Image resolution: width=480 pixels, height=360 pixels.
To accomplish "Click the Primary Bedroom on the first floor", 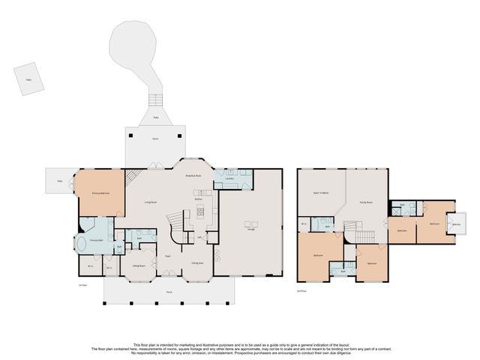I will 101,193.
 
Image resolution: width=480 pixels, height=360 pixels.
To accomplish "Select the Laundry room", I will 231,178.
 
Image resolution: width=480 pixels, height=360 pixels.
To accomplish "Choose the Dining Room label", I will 138,266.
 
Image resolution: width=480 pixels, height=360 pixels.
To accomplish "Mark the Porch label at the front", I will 169,293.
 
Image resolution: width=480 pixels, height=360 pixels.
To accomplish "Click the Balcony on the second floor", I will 456,224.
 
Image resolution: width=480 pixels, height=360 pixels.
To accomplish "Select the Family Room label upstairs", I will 366,202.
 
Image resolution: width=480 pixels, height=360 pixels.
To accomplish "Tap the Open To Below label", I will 322,193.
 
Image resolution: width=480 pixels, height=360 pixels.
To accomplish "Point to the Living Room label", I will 150,202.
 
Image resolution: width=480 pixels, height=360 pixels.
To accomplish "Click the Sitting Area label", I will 196,263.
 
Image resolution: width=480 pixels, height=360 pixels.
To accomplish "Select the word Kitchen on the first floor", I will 199,199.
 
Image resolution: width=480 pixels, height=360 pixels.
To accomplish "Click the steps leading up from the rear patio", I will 156,100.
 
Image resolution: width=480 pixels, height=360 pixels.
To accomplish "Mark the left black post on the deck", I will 131,136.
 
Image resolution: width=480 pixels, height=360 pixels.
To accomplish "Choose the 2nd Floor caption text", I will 301,290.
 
